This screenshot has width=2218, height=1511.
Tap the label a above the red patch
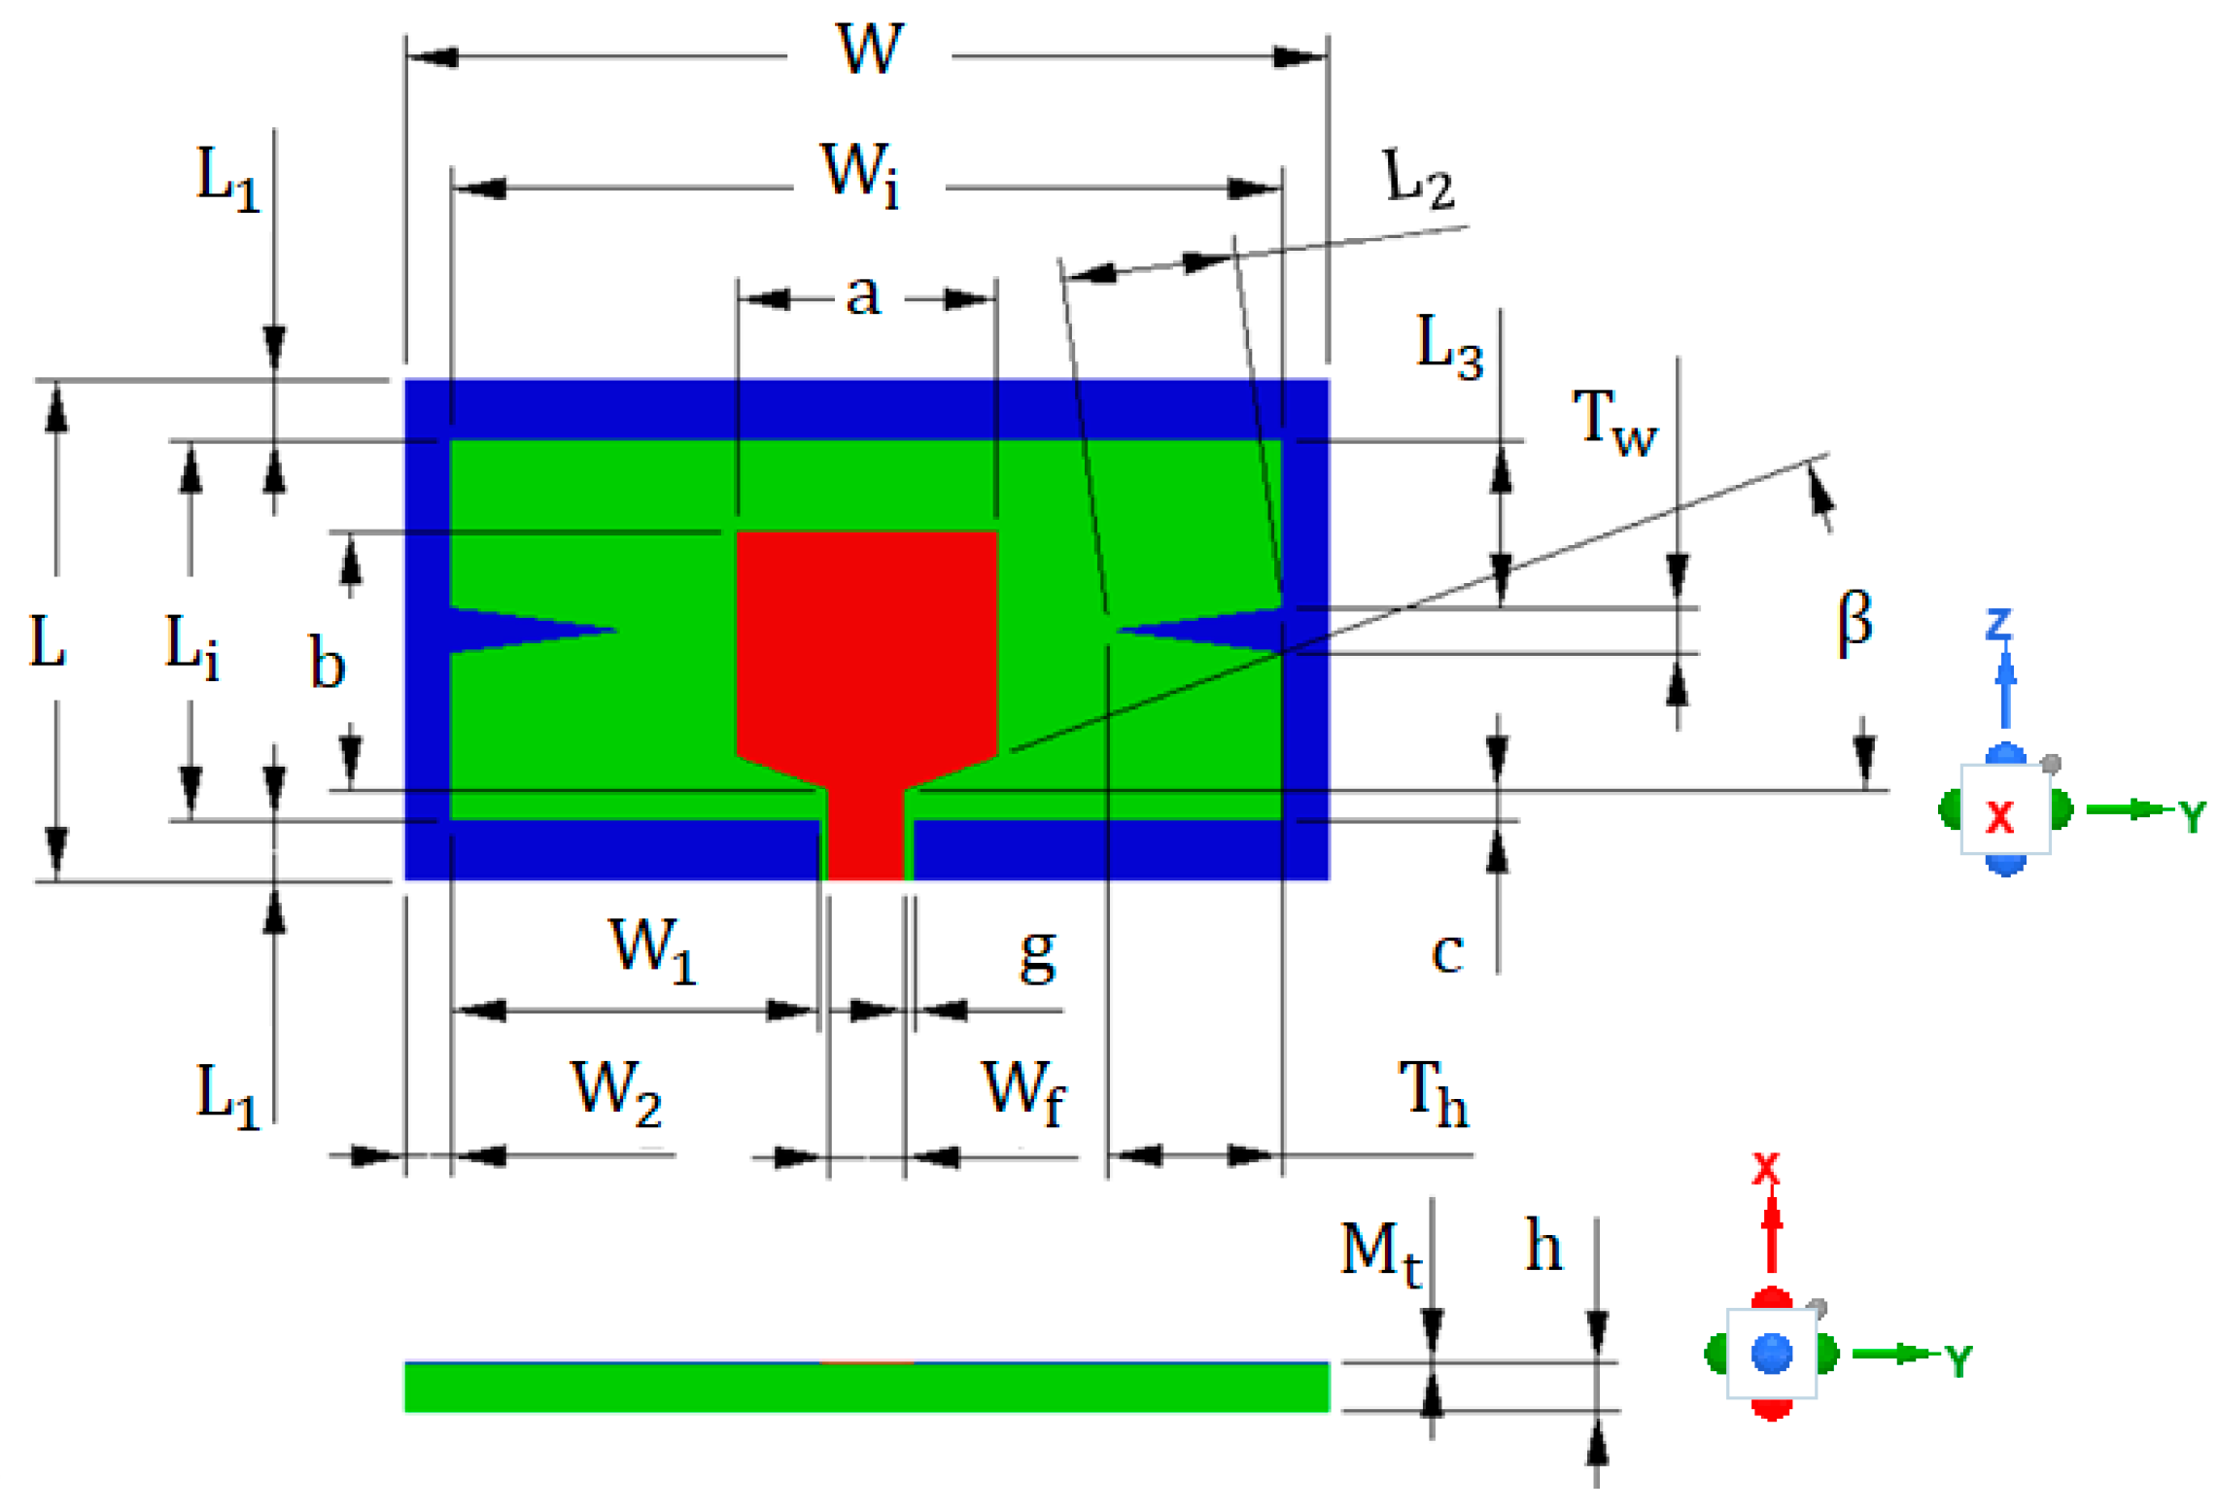863,293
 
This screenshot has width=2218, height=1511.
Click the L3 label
1448,346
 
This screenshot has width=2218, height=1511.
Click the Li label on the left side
191,645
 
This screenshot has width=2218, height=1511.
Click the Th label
1433,1092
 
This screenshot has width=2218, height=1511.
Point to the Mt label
1380,1252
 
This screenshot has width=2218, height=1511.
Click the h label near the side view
1542,1246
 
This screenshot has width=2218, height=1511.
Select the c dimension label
1447,954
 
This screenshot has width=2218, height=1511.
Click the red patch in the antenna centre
866,641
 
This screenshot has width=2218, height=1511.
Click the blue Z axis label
1998,624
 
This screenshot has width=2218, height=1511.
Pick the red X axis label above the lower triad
1765,1169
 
